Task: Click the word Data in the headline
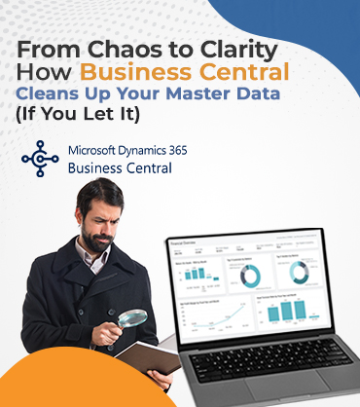pos(257,94)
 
